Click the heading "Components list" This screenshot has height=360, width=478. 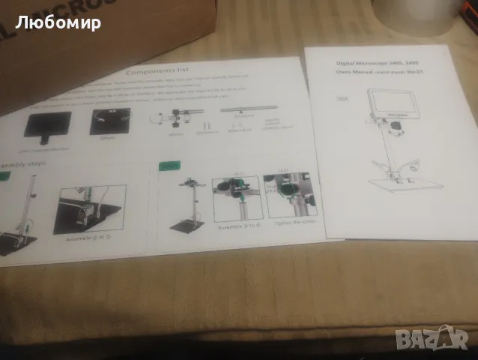pyautogui.click(x=160, y=72)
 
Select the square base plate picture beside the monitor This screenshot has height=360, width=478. pyautogui.click(x=109, y=122)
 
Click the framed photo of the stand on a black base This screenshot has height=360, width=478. pyautogui.click(x=92, y=208)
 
